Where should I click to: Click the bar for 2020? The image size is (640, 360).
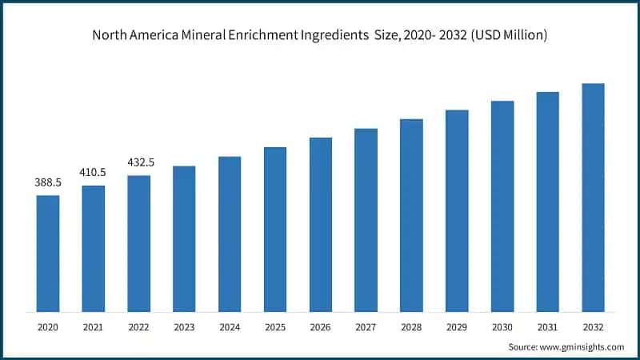click(x=48, y=253)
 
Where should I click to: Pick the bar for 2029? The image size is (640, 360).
click(x=457, y=210)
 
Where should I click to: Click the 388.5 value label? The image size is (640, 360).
click(x=48, y=182)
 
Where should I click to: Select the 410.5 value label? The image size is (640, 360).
click(x=94, y=172)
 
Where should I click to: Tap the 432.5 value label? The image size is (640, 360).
click(x=140, y=162)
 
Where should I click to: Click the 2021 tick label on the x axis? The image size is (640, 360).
click(x=94, y=327)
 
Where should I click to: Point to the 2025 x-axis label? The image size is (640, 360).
click(x=275, y=327)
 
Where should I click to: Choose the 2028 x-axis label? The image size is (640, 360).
click(x=411, y=327)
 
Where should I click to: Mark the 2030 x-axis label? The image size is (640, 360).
click(x=502, y=327)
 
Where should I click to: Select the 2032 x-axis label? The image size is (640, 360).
click(x=593, y=327)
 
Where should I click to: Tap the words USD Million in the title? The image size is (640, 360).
click(x=510, y=35)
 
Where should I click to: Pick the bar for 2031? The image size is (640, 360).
click(x=547, y=202)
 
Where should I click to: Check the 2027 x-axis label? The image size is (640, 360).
click(x=366, y=327)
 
